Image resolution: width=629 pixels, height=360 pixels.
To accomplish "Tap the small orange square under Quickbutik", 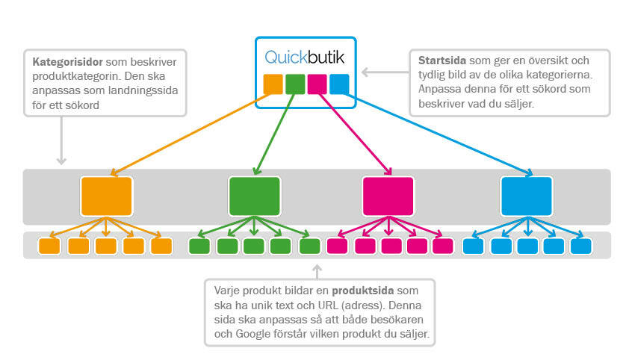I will click(273, 84).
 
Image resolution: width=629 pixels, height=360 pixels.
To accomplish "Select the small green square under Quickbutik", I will click(295, 84).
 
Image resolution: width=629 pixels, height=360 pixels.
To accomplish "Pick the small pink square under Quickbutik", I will click(317, 84).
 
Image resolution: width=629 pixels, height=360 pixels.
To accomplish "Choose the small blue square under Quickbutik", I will click(338, 84).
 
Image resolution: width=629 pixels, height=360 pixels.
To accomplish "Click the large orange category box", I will click(107, 196).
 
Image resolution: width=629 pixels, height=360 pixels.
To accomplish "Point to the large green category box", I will click(254, 196).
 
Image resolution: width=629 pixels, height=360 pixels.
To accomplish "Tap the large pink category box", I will click(388, 196).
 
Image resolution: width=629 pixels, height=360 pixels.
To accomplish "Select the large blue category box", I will click(527, 196).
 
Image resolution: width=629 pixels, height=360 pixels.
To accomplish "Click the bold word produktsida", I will click(353, 290).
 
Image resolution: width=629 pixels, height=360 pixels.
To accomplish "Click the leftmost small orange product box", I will click(49, 246).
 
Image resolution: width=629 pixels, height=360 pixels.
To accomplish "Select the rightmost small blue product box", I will click(580, 246).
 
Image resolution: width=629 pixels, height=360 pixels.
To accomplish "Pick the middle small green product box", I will click(254, 246).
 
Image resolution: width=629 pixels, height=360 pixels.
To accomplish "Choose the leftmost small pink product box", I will click(338, 246).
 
